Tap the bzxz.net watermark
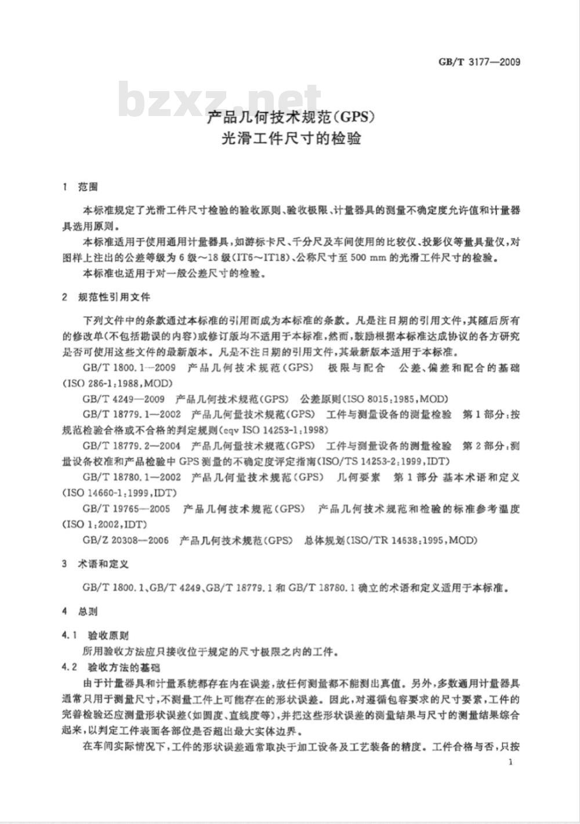click(220, 102)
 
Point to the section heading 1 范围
click(81, 187)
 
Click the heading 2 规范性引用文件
click(107, 297)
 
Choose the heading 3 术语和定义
click(96, 563)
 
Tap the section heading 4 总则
click(81, 611)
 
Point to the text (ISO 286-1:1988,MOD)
click(118, 383)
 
